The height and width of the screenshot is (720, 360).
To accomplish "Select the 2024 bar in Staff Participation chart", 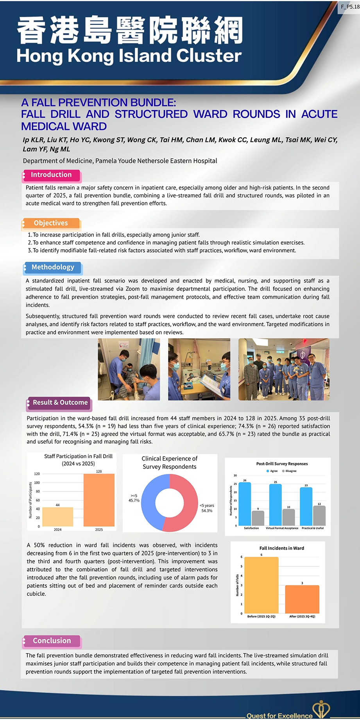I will (x=57, y=516).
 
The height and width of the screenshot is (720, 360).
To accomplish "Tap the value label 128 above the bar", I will (x=99, y=472).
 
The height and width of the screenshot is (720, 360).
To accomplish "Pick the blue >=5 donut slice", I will (x=149, y=500).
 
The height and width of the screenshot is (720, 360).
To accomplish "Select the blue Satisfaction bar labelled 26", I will (x=245, y=504).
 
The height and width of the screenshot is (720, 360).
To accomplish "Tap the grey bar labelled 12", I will (x=319, y=515).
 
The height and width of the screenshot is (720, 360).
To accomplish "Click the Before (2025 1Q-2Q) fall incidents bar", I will (x=261, y=585).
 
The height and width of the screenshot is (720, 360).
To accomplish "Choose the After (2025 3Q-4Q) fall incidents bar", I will (x=302, y=599).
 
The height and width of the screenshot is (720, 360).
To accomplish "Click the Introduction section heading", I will (x=51, y=175).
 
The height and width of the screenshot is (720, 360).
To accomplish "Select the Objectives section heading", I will (x=51, y=223).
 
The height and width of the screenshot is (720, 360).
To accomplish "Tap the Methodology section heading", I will (x=53, y=267).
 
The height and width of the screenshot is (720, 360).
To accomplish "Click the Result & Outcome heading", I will (x=60, y=402).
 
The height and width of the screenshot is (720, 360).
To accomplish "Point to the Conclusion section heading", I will (x=52, y=641).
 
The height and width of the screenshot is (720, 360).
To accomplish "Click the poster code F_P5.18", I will (x=349, y=7).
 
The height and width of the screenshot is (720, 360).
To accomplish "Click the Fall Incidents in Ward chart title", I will (x=281, y=548).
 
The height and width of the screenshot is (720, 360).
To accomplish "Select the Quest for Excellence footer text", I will (x=279, y=716).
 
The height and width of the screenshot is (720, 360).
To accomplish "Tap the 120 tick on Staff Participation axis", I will (x=37, y=474).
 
